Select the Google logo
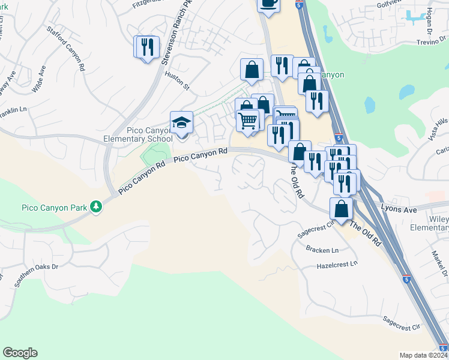[20, 353]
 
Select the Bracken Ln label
[322, 250]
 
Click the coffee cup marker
[268, 4]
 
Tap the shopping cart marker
[247, 121]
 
